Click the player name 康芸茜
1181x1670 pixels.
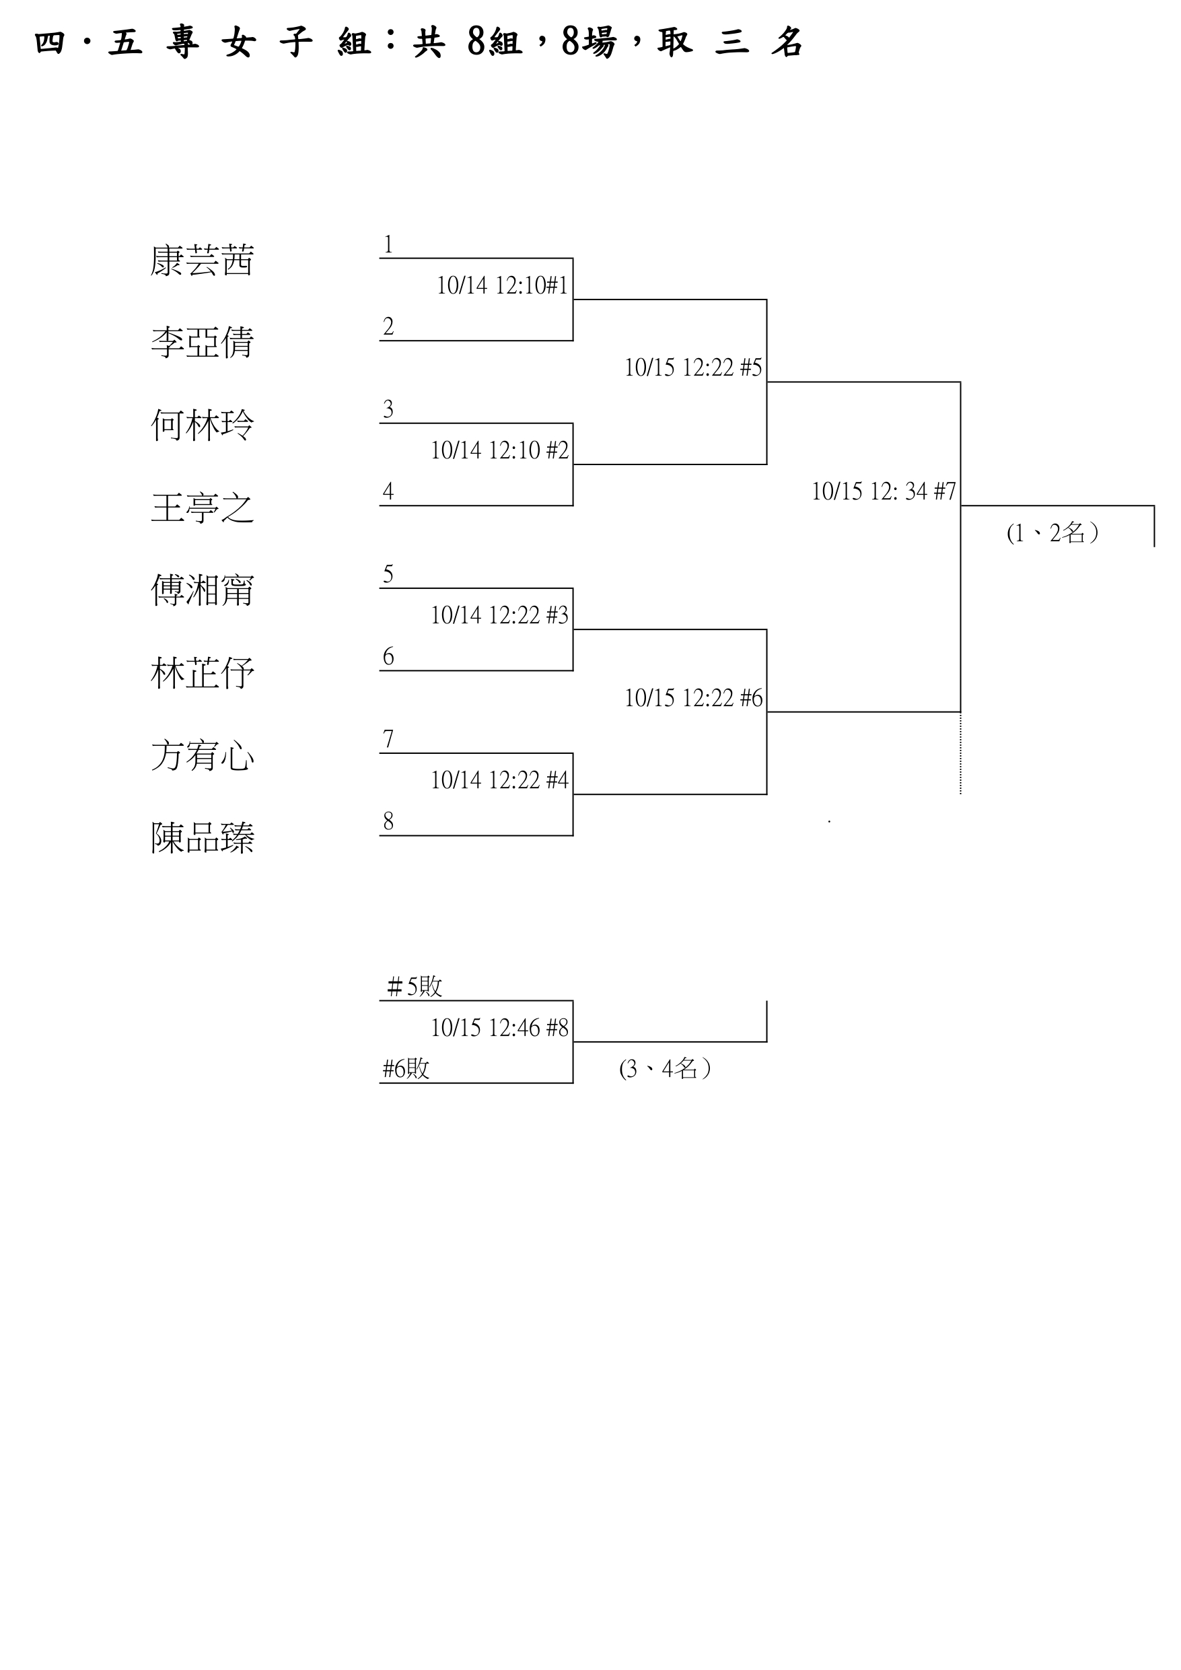pos(202,261)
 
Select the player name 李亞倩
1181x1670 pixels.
pos(202,343)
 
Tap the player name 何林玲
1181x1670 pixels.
pos(202,425)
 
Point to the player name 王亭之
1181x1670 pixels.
pos(202,508)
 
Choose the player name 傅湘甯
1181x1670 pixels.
pos(202,590)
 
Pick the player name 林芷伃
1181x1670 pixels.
pos(202,674)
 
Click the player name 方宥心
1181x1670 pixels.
pos(202,756)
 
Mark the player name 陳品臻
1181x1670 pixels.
pos(202,838)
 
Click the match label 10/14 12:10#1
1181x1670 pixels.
pos(502,286)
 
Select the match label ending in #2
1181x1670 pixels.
pos(499,451)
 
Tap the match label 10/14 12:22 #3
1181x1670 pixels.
pos(499,616)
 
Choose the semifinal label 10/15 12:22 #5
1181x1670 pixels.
pos(693,368)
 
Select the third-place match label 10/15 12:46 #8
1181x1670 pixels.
pos(499,1029)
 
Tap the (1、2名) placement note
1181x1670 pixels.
pos(1052,534)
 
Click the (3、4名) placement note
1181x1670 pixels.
pos(665,1069)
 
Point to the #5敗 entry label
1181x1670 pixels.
pos(414,987)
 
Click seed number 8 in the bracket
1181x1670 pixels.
pos(388,822)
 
